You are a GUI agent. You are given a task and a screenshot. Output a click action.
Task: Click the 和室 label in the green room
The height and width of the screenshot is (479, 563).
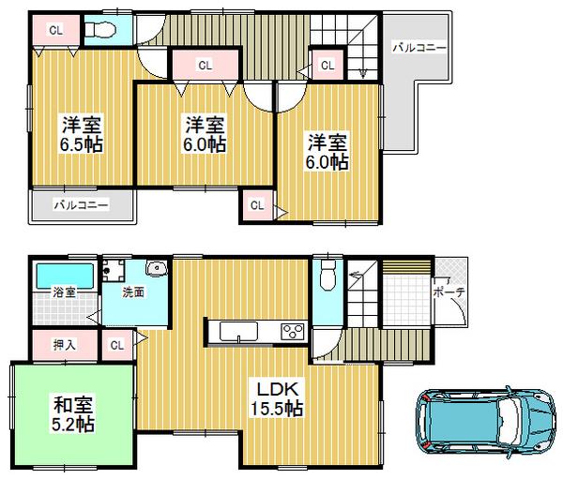pos(71,405)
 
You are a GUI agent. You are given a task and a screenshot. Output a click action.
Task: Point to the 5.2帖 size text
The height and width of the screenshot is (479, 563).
pos(71,425)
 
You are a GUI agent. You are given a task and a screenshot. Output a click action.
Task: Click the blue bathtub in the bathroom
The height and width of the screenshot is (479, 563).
pos(65,277)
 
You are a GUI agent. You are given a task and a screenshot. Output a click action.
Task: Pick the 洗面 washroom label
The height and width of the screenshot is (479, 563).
pos(132,292)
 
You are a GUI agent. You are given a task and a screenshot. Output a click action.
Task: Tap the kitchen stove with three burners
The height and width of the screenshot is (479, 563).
pos(292,331)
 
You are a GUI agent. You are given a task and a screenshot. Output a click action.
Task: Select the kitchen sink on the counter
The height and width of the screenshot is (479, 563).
pos(237,331)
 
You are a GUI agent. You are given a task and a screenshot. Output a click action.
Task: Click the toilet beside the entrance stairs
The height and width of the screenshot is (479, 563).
pos(326,275)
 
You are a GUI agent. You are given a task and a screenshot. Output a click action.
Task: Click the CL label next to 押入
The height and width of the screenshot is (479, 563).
pos(117,345)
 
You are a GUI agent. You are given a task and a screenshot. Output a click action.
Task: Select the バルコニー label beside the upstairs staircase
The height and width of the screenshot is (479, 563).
pos(418,47)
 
